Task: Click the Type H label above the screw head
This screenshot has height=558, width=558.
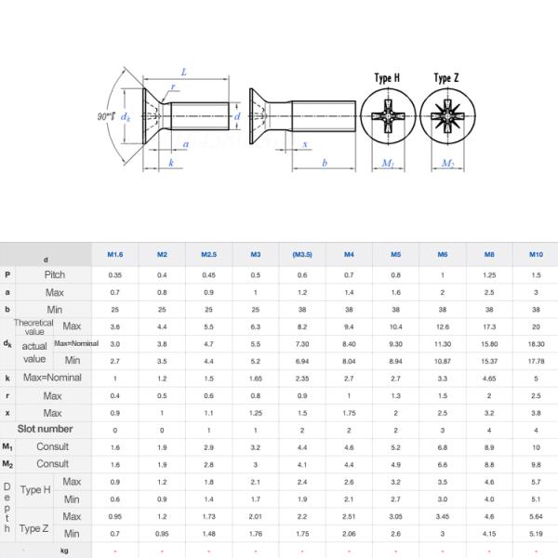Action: pyautogui.click(x=387, y=78)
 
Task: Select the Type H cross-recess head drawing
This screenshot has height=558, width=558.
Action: pyautogui.click(x=387, y=122)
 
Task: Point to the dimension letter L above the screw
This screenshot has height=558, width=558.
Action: pyautogui.click(x=184, y=72)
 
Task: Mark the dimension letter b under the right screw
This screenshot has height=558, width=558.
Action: pyautogui.click(x=324, y=163)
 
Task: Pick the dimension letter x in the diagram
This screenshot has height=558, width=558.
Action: pyautogui.click(x=306, y=144)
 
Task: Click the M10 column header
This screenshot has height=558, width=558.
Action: pyautogui.click(x=536, y=254)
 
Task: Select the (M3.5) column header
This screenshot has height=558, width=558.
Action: pyautogui.click(x=302, y=254)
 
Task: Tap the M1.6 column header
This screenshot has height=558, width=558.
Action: pyautogui.click(x=115, y=254)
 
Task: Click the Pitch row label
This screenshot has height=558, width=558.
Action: pyautogui.click(x=55, y=275)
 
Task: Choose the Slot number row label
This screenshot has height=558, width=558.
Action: pyautogui.click(x=46, y=429)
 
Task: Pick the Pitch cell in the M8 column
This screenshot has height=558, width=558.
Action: pyautogui.click(x=489, y=275)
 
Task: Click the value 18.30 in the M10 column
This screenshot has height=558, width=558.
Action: pyautogui.click(x=536, y=343)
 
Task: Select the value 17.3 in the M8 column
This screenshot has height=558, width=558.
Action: pyautogui.click(x=489, y=326)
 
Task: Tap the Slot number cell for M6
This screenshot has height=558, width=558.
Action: pyautogui.click(x=443, y=430)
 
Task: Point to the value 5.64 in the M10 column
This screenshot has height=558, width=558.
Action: pyautogui.click(x=536, y=516)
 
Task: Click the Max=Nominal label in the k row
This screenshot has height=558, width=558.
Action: pyautogui.click(x=53, y=378)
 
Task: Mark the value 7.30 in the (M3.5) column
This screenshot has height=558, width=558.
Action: pyautogui.click(x=302, y=343)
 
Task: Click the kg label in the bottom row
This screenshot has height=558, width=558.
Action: pyautogui.click(x=64, y=551)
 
